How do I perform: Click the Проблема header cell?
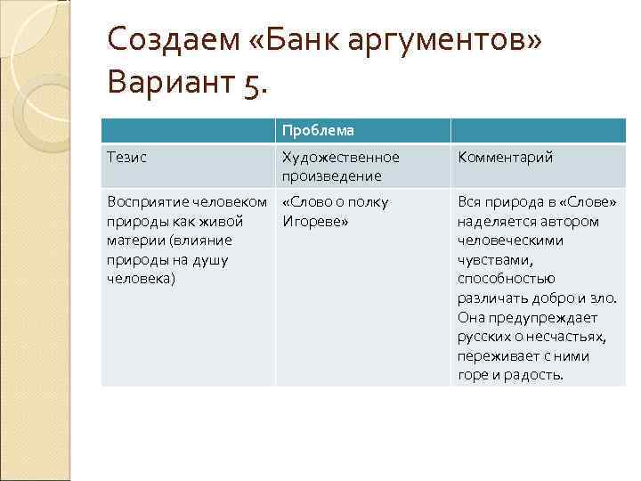coord(318,131)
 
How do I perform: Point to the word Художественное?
coord(340,158)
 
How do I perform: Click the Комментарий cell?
coord(505,158)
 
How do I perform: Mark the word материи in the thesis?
coord(135,240)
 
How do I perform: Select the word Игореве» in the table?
coord(313,221)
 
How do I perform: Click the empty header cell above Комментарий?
coord(538,131)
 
